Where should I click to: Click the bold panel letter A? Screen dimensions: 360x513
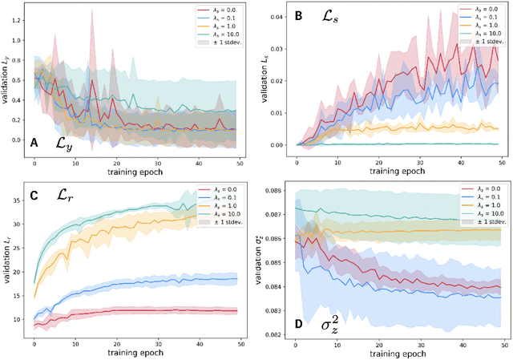[34, 143]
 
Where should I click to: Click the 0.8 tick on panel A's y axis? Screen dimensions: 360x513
[19, 33]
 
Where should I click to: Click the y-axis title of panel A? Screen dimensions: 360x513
[7, 85]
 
